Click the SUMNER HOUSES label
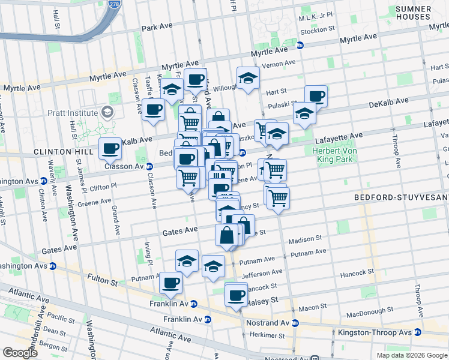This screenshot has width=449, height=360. coord(413,13)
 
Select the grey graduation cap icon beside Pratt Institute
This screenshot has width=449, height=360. coord(107,112)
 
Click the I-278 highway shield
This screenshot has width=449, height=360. coord(113,4)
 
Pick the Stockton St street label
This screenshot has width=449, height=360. coord(316,29)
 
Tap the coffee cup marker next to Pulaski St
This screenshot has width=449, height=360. coord(316,95)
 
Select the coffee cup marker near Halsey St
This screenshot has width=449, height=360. coord(237,295)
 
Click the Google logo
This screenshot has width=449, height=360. coord(20,353)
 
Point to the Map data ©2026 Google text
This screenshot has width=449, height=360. coord(412,355)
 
